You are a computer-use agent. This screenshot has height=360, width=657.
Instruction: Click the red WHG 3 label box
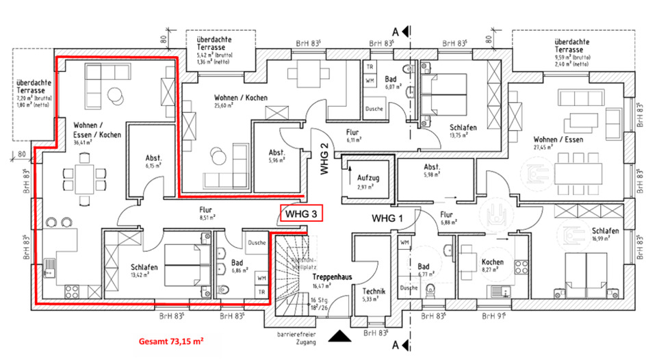pyautogui.click(x=301, y=214)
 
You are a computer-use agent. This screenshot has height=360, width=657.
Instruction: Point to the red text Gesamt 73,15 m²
pyautogui.click(x=171, y=340)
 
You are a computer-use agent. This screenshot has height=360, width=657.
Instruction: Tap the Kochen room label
pyautogui.click(x=492, y=262)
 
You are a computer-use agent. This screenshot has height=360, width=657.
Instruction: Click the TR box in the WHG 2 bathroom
pyautogui.click(x=370, y=67)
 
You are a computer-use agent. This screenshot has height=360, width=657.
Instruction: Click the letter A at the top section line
pyautogui.click(x=395, y=31)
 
